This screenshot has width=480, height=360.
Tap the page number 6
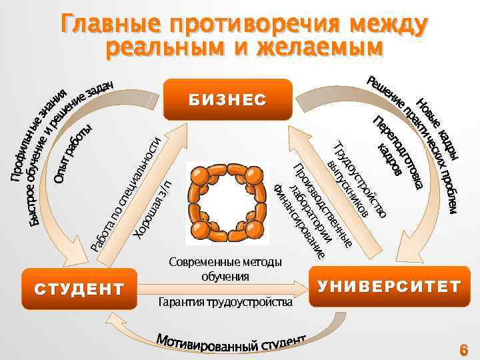click(464, 349)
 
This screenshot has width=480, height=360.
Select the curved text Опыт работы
click(73, 152)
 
